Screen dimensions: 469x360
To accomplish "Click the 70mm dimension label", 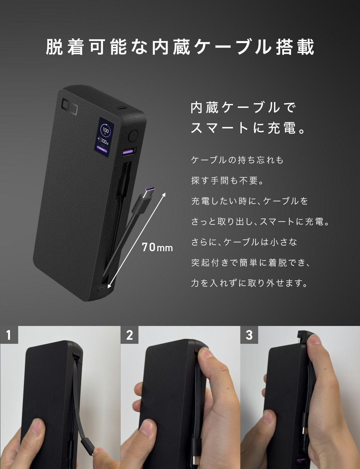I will [x=157, y=247].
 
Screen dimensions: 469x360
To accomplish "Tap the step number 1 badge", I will [x=9, y=335].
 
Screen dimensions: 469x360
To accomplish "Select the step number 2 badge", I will [x=129, y=335].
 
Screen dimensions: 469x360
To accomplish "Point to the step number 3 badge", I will [x=249, y=335].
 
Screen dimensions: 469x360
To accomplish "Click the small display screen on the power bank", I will [x=104, y=135].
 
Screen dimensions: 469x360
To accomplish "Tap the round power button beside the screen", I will [x=133, y=136].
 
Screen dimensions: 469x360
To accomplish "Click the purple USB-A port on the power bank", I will [x=129, y=152].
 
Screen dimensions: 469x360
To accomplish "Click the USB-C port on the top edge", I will [x=121, y=108].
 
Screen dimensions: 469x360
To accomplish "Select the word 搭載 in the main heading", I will [x=295, y=47].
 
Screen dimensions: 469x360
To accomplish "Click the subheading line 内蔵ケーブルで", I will [x=243, y=108].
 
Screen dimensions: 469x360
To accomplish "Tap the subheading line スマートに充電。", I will [x=248, y=128].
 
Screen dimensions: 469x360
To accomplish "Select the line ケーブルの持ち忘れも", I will [x=237, y=160].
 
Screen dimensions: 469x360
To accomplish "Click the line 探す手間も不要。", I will [x=228, y=181].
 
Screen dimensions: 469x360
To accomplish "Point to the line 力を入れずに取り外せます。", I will [x=249, y=283].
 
